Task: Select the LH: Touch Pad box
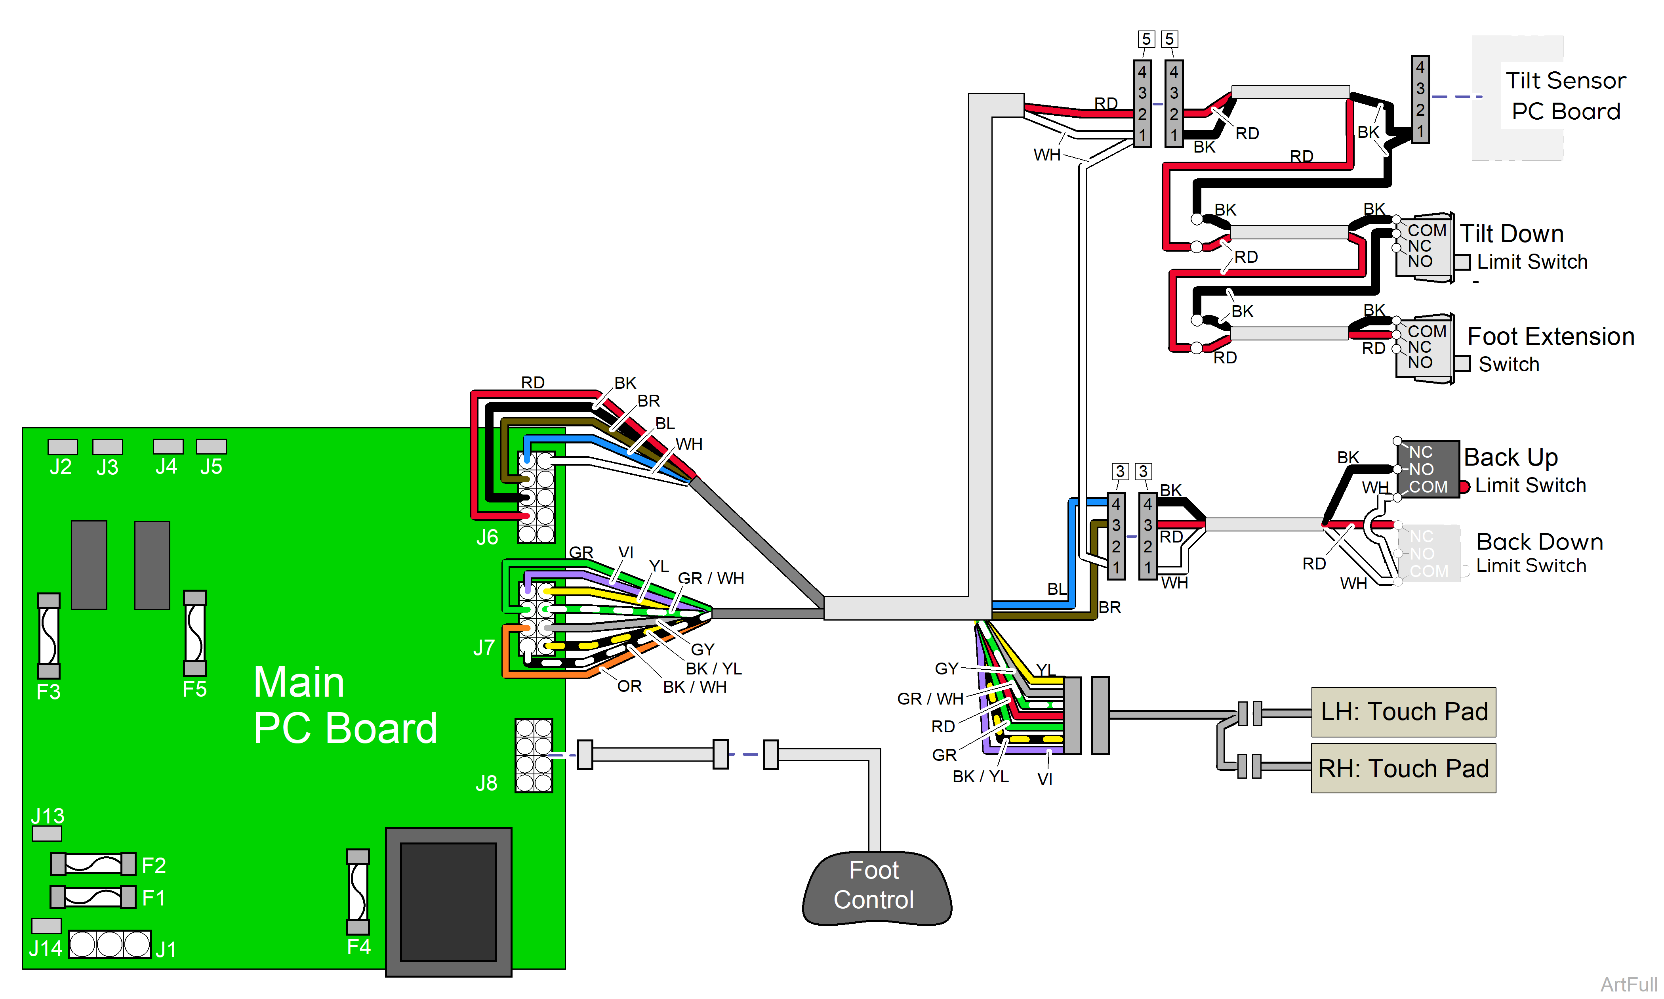[x=1403, y=712]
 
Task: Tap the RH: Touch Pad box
[x=1403, y=768]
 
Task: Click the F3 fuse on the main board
[x=48, y=636]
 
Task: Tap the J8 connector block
[x=534, y=755]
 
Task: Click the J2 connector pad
[x=63, y=447]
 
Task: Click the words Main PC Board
[x=345, y=705]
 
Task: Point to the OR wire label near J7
[x=629, y=686]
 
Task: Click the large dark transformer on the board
[x=448, y=902]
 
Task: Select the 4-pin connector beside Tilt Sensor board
[x=1420, y=99]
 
